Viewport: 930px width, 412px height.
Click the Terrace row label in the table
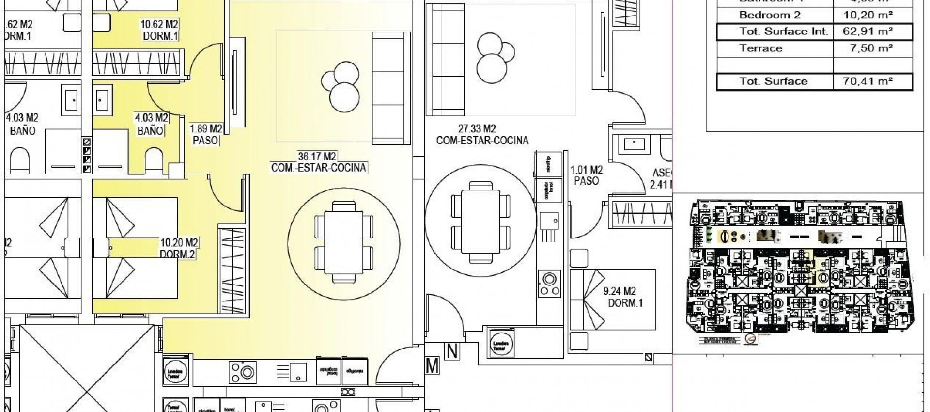tap(760, 48)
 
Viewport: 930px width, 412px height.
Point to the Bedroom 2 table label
tap(769, 15)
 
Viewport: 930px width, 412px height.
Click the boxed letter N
tap(452, 351)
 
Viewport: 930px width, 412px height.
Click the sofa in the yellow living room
tap(388, 88)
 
